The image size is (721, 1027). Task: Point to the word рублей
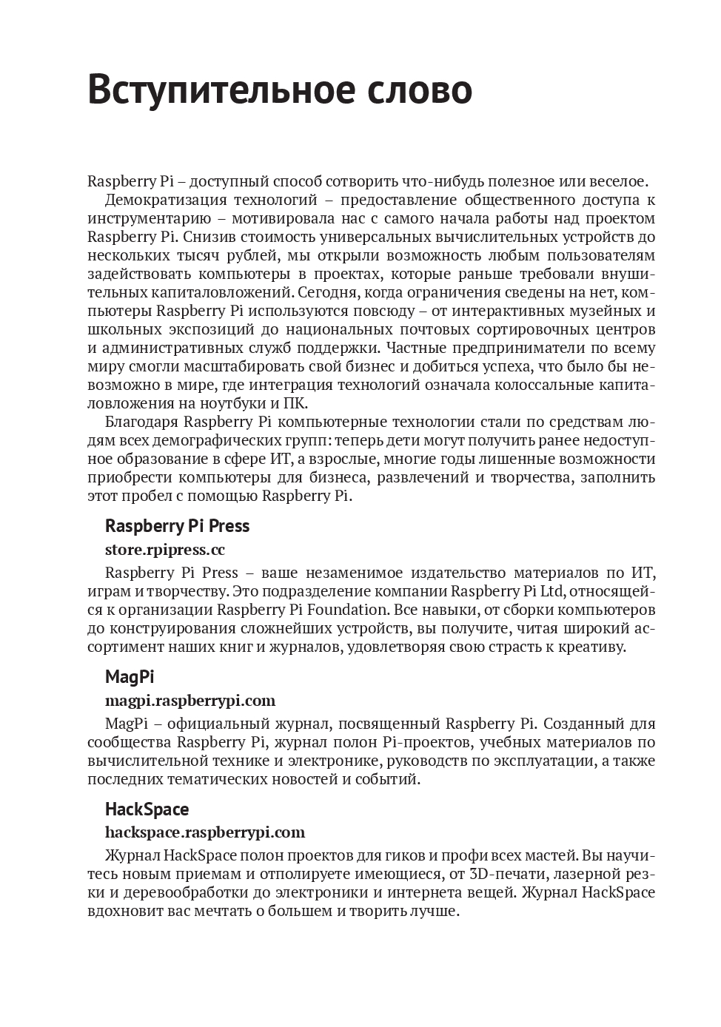pos(248,255)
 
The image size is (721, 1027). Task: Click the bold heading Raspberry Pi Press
pos(177,526)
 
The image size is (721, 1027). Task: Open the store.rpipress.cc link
pos(164,550)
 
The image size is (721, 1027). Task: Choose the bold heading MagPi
pos(130,676)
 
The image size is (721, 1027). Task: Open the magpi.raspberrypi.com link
pos(190,700)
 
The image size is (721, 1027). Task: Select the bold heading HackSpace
pos(147,809)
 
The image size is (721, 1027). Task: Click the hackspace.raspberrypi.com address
pos(204,832)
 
